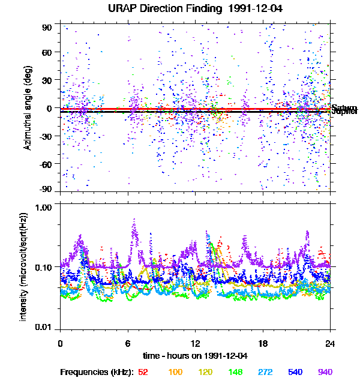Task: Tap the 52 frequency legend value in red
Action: point(143,372)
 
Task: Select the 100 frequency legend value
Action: point(175,372)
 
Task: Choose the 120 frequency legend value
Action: point(206,372)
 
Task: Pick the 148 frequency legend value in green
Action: point(236,372)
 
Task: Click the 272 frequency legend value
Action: point(266,372)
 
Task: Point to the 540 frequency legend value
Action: point(295,372)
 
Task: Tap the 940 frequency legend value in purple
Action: point(325,372)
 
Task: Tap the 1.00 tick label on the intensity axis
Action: point(46,207)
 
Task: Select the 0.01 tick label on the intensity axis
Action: point(46,327)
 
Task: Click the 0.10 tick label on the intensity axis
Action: point(46,267)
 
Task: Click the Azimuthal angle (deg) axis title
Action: point(28,108)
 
